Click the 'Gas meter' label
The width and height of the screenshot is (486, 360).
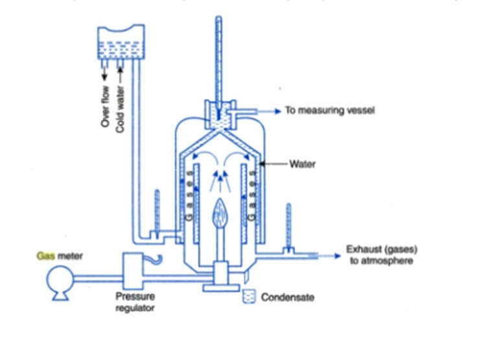tap(60, 256)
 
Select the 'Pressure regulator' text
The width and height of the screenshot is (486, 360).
tap(135, 302)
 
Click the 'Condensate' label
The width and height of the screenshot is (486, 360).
tap(288, 297)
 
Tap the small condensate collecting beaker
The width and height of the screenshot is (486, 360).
tap(249, 296)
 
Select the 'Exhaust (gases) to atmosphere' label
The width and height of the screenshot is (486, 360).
tap(382, 255)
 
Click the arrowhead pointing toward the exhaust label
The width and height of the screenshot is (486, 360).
tap(338, 256)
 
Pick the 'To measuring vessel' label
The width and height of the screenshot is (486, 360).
tap(330, 110)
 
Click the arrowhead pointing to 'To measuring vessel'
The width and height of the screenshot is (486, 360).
tap(278, 111)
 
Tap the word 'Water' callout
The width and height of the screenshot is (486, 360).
tap(303, 164)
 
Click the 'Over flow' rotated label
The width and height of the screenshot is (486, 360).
tap(106, 106)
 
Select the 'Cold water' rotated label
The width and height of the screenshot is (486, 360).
tap(120, 109)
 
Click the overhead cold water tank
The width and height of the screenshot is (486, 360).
tap(121, 42)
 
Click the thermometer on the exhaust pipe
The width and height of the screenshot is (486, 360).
tap(288, 228)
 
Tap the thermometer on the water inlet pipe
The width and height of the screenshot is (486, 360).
tap(157, 213)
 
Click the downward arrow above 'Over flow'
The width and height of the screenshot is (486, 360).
tap(104, 73)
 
